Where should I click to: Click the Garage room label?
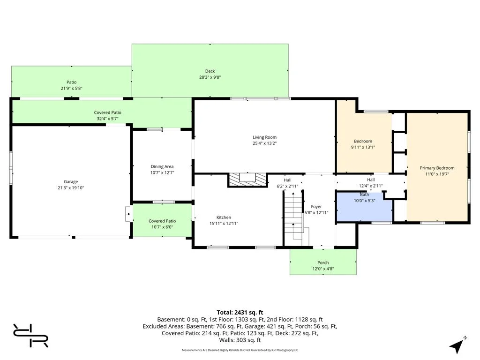[71, 181]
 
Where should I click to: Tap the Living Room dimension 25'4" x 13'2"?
[264, 143]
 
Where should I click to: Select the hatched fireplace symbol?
[247, 180]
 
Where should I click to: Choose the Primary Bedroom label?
[437, 168]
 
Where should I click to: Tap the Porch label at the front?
[323, 262]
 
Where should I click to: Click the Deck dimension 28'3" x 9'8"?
[210, 77]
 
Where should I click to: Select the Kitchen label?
[224, 217]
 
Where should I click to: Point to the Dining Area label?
[162, 166]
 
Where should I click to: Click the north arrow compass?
[457, 345]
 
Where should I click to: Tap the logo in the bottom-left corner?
[30, 335]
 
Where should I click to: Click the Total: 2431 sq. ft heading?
[240, 313]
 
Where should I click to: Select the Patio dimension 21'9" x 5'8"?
[72, 89]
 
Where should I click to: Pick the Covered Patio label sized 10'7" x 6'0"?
[162, 221]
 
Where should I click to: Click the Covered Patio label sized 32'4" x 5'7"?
[107, 112]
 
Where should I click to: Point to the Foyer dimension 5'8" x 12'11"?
[316, 213]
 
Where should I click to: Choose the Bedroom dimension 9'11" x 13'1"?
[363, 147]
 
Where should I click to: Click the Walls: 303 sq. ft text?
[240, 340]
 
